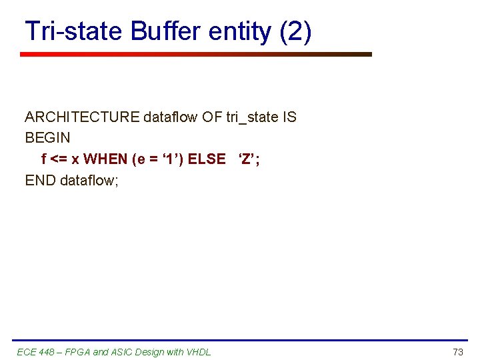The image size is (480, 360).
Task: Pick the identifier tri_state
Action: click(252, 117)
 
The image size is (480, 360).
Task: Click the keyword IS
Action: click(289, 117)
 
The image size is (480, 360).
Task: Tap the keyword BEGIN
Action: click(47, 138)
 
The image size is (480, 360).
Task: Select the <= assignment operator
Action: click(59, 159)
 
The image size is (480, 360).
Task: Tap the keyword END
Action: click(40, 180)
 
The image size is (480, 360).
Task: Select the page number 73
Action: click(457, 351)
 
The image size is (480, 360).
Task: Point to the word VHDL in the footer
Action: click(198, 351)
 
